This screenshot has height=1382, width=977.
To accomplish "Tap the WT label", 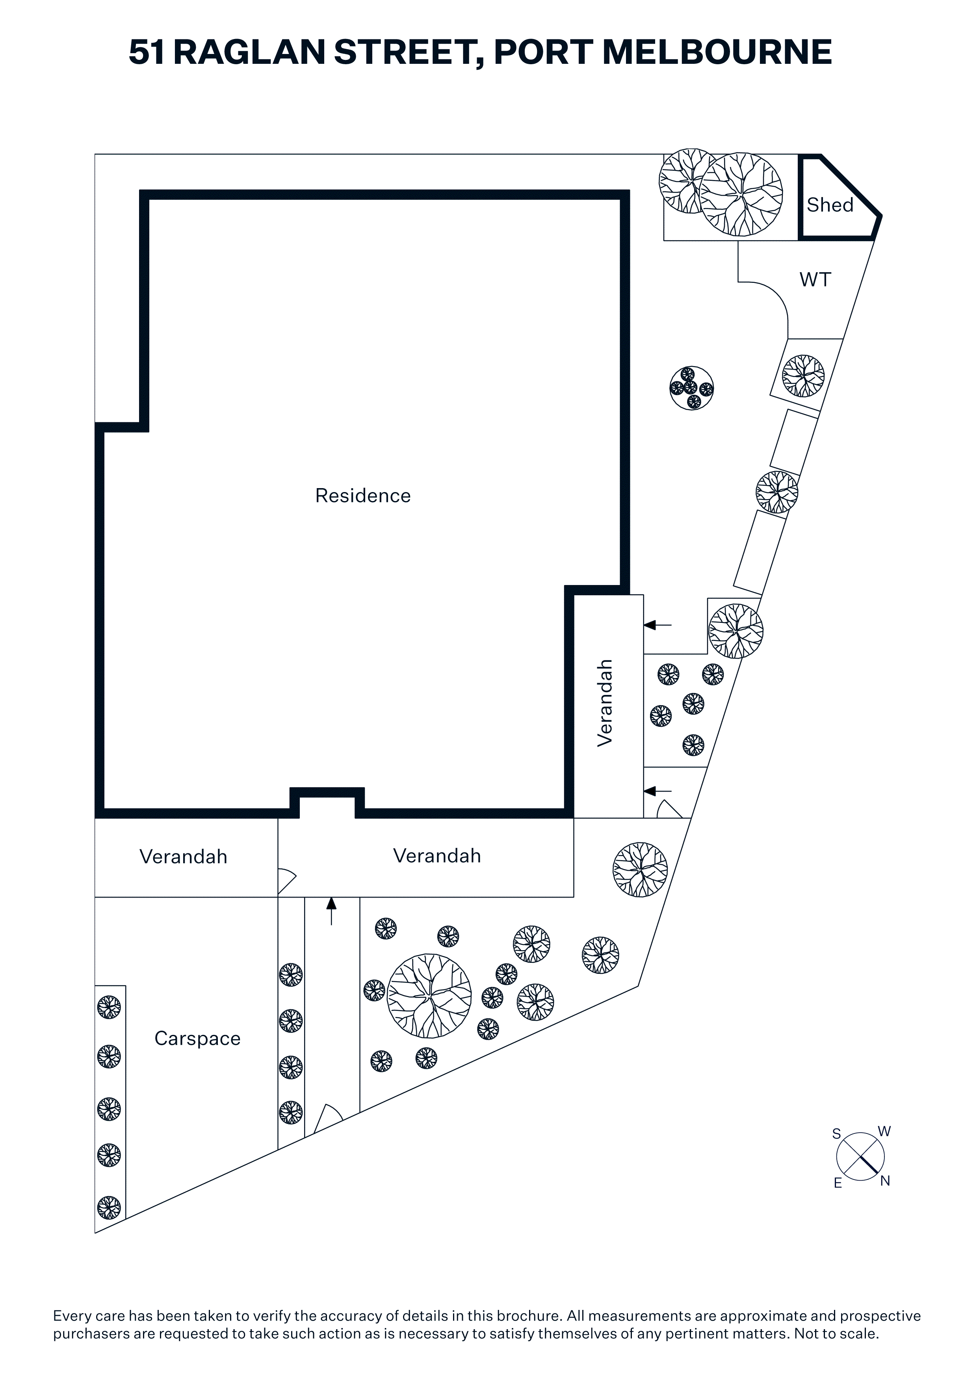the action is [x=815, y=279].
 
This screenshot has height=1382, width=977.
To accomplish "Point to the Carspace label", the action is [x=197, y=1038].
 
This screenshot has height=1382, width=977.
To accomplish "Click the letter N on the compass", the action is [x=885, y=1181].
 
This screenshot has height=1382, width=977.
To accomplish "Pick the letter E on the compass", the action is [x=837, y=1183].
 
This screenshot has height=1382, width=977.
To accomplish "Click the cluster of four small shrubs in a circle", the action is [x=692, y=388].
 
